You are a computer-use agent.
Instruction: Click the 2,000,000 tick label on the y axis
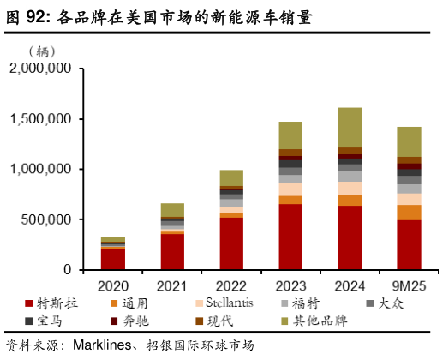(x=39, y=70)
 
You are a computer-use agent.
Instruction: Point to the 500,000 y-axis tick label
(x=47, y=219)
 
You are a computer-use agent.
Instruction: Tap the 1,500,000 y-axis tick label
(x=39, y=120)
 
